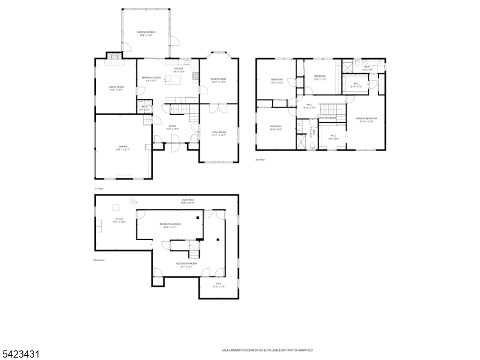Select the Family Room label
tap(116, 88)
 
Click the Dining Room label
tap(218, 80)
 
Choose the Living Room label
tap(218, 133)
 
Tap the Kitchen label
tap(179, 70)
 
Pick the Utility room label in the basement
tap(120, 220)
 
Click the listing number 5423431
tap(21, 354)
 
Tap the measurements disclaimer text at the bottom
tap(268, 350)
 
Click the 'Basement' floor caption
tap(100, 260)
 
